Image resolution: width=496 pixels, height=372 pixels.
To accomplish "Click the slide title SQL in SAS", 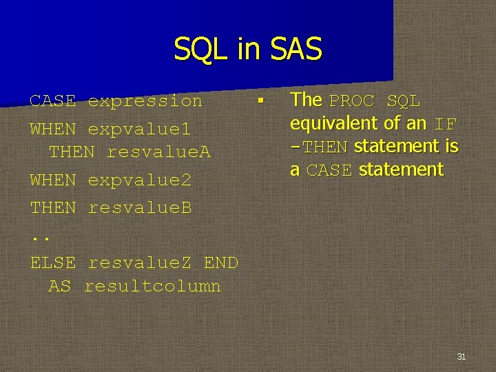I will (248, 50).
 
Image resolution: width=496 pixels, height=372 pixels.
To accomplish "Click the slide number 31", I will (462, 356).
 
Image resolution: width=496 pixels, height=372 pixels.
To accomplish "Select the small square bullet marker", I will (260, 101).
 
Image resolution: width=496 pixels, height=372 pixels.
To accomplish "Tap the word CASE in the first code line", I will (53, 101).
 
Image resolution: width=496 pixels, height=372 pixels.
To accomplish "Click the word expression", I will (145, 101).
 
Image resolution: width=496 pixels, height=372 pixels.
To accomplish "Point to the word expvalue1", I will (139, 129).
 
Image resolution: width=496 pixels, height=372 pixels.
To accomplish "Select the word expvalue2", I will (139, 180).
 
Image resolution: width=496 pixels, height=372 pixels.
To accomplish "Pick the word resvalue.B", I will (140, 207).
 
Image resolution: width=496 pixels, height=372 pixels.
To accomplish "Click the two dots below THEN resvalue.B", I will (41, 238).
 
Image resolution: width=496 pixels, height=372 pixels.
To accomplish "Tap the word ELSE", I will (53, 262).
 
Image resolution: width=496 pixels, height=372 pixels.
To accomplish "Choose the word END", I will (220, 262).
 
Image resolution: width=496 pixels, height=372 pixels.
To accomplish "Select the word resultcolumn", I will (152, 286).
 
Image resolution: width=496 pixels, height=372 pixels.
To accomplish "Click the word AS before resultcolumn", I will (59, 286).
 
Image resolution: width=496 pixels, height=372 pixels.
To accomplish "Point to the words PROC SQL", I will (375, 101).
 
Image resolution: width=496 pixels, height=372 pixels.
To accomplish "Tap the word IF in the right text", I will (445, 125).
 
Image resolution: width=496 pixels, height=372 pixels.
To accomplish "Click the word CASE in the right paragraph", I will (329, 170).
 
